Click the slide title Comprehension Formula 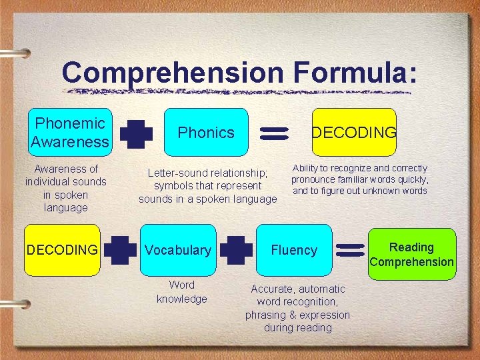[239, 73]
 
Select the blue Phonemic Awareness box [69, 133]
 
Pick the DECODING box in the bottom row [61, 250]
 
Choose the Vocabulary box [178, 250]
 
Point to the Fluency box [294, 250]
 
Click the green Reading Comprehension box [412, 254]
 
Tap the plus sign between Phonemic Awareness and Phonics [137, 133]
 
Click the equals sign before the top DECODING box [272, 133]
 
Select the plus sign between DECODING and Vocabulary [120, 250]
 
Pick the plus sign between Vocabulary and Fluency [236, 250]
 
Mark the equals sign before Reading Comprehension [350, 251]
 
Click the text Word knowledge [182, 292]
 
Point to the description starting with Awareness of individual [65, 188]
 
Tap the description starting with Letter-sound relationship [207, 186]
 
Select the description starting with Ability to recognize [360, 179]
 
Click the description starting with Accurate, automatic [297, 308]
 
